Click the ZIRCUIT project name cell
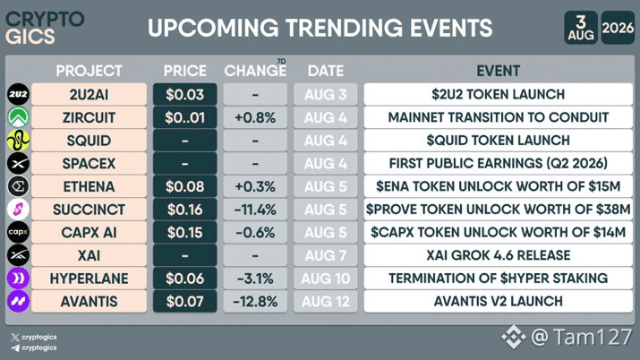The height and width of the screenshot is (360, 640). [89, 117]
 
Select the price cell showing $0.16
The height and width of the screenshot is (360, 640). [185, 210]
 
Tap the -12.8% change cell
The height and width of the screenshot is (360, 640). [255, 301]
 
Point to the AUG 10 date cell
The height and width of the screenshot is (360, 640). [325, 279]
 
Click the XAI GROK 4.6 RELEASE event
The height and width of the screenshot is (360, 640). [498, 255]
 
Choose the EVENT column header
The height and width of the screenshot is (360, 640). [498, 71]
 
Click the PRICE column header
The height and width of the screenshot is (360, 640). [185, 71]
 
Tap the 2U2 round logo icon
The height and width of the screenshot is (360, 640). [18, 94]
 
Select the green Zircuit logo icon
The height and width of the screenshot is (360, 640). [18, 117]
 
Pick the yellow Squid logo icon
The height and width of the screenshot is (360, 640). [18, 140]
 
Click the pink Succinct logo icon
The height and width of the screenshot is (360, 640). [18, 209]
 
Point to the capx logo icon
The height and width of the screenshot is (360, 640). [18, 232]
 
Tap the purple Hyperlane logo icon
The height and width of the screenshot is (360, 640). [18, 278]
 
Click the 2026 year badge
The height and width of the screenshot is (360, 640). [618, 28]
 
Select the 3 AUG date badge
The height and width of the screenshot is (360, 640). [581, 28]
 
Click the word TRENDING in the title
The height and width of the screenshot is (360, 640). [344, 28]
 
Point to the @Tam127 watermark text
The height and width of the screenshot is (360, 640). [582, 337]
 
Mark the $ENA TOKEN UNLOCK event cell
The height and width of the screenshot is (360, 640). [498, 186]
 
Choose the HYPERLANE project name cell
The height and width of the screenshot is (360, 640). [89, 279]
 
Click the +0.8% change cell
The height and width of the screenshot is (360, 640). [255, 117]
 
